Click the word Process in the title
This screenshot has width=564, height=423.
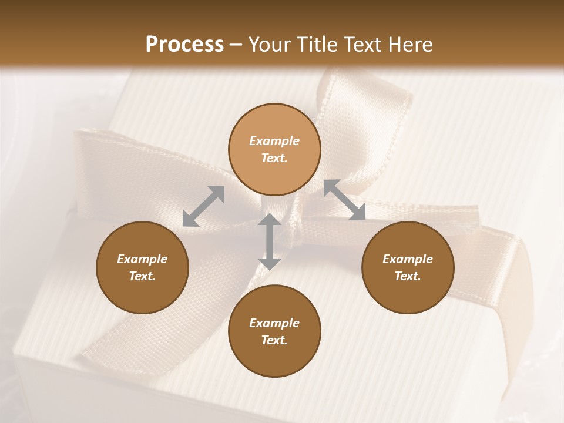pyautogui.click(x=184, y=45)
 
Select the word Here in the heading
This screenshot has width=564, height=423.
pyautogui.click(x=409, y=45)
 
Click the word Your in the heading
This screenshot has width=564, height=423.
pyautogui.click(x=270, y=45)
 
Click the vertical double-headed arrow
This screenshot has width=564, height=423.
pyautogui.click(x=270, y=241)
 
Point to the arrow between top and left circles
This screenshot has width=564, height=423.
pyautogui.click(x=203, y=206)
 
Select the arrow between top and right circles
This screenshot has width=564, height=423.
pyautogui.click(x=345, y=200)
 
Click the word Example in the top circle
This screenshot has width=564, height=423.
pyautogui.click(x=274, y=141)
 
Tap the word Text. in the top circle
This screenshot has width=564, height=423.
pyautogui.click(x=274, y=158)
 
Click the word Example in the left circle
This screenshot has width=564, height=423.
pyautogui.click(x=142, y=259)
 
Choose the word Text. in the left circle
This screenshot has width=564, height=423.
pyautogui.click(x=142, y=276)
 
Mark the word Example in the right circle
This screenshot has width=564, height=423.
pyautogui.click(x=408, y=259)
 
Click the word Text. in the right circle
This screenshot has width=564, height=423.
pyautogui.click(x=408, y=276)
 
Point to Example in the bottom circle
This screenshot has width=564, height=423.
pyautogui.click(x=274, y=323)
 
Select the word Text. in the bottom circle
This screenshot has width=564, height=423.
pyautogui.click(x=274, y=340)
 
